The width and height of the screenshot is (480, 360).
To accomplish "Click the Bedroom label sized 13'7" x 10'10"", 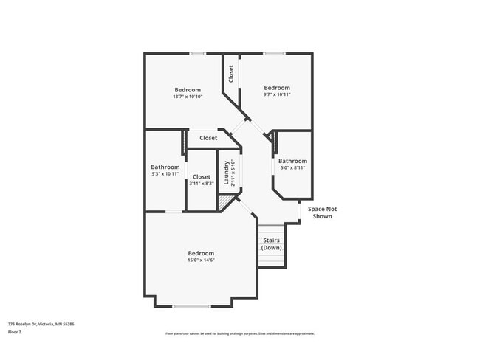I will pyautogui.click(x=187, y=90).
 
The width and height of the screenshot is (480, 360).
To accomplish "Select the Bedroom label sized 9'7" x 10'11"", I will pyautogui.click(x=277, y=87).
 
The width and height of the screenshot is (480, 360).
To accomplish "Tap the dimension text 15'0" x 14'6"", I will pyautogui.click(x=201, y=260).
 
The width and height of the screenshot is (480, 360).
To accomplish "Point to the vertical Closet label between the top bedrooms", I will pyautogui.click(x=231, y=74).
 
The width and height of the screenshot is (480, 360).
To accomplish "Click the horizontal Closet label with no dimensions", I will pyautogui.click(x=208, y=138).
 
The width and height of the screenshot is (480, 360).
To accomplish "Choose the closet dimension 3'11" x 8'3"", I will pyautogui.click(x=202, y=184).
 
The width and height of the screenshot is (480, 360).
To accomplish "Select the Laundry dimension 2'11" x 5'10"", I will pyautogui.click(x=233, y=173).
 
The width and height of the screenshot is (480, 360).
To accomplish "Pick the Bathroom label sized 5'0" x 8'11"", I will pyautogui.click(x=292, y=161).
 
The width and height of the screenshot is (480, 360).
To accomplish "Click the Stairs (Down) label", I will pyautogui.click(x=271, y=243).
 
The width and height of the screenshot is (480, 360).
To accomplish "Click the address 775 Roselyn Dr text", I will pyautogui.click(x=41, y=323).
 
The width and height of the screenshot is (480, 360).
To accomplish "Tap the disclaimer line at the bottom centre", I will pyautogui.click(x=239, y=333).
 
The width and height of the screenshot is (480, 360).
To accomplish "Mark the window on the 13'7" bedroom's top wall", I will pyautogui.click(x=196, y=53).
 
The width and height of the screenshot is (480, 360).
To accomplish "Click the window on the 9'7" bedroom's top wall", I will pyautogui.click(x=274, y=53).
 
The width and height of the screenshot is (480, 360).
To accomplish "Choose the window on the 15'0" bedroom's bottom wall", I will pyautogui.click(x=191, y=306).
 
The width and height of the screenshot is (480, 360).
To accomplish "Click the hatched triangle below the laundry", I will pyautogui.click(x=223, y=200).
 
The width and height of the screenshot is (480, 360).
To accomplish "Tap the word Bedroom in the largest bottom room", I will pyautogui.click(x=201, y=253).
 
